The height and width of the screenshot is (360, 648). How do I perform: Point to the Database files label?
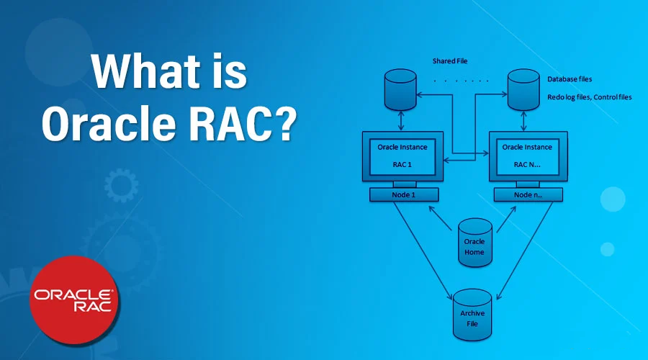(570, 78)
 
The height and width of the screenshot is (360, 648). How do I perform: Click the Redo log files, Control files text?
(589, 96)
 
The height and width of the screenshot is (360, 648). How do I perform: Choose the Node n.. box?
(528, 195)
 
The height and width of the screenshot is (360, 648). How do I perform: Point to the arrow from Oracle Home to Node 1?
(442, 217)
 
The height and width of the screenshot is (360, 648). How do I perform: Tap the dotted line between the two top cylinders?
(461, 80)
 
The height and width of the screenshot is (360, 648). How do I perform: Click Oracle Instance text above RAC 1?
(402, 147)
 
